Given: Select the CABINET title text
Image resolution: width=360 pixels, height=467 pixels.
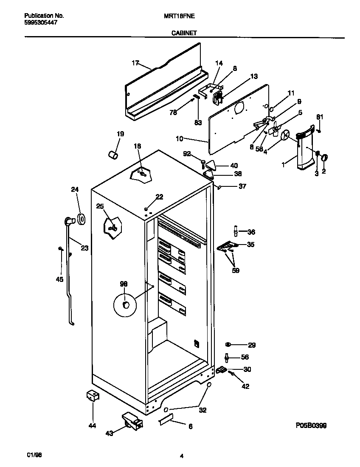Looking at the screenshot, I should click(x=184, y=33).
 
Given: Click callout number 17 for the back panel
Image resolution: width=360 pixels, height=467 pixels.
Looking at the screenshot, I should click(x=135, y=63).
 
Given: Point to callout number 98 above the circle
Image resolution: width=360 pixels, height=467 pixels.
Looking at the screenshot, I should click(x=124, y=284).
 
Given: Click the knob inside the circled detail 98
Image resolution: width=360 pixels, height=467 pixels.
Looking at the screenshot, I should click(x=125, y=305).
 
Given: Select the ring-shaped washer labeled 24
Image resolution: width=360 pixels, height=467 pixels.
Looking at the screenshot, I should click(x=81, y=219).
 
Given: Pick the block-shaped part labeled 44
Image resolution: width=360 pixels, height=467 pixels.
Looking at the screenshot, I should click(x=92, y=396).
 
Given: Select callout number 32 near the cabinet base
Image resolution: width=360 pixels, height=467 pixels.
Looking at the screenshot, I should click(x=202, y=410).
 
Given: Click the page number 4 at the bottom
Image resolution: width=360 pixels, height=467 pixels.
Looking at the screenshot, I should click(x=181, y=456).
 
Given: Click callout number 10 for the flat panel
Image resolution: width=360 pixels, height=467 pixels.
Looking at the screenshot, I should click(x=180, y=138).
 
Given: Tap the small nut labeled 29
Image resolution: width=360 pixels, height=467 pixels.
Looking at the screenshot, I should click(x=228, y=345).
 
